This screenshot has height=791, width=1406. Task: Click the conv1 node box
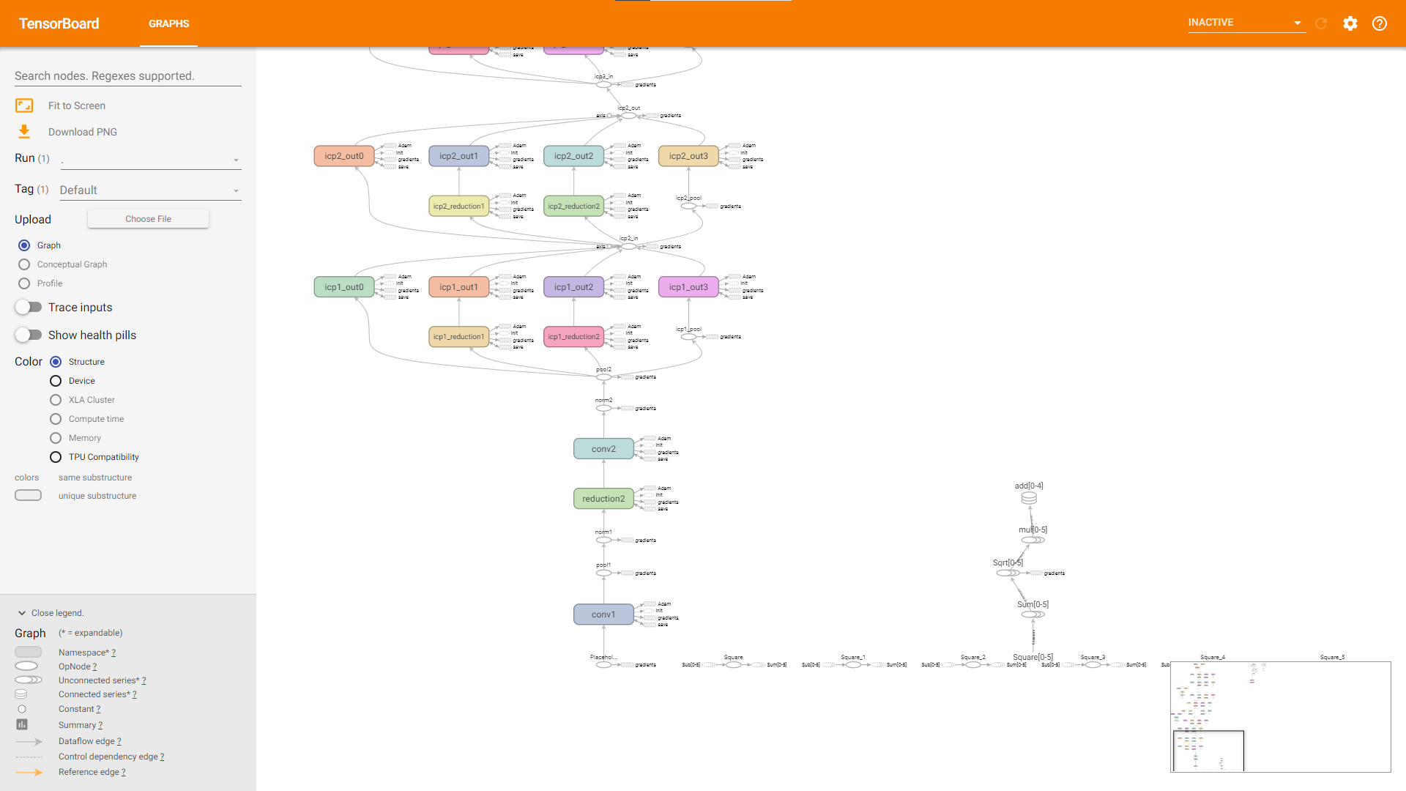point(603,614)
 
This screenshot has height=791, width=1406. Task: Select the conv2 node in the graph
point(603,449)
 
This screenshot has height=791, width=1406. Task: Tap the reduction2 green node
point(603,499)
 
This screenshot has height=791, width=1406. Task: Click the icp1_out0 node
point(343,287)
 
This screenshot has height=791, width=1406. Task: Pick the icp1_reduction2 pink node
point(573,337)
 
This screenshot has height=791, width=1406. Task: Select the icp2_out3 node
point(688,156)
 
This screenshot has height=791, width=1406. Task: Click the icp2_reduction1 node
point(458,207)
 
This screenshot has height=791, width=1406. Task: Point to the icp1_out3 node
point(688,287)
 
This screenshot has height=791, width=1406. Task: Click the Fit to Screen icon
point(24,105)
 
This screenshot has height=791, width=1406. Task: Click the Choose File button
point(148,219)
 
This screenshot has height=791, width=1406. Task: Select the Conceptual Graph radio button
point(24,264)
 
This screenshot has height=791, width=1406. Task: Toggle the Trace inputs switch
point(29,308)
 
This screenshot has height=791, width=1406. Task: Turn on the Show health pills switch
point(29,335)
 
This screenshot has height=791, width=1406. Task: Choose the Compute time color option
point(56,419)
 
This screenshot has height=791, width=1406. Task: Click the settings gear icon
point(1350,23)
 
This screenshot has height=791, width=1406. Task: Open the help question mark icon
point(1379,23)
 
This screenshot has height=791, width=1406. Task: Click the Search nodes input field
point(127,76)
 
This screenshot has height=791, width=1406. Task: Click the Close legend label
point(57,613)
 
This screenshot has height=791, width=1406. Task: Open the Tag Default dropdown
point(149,190)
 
